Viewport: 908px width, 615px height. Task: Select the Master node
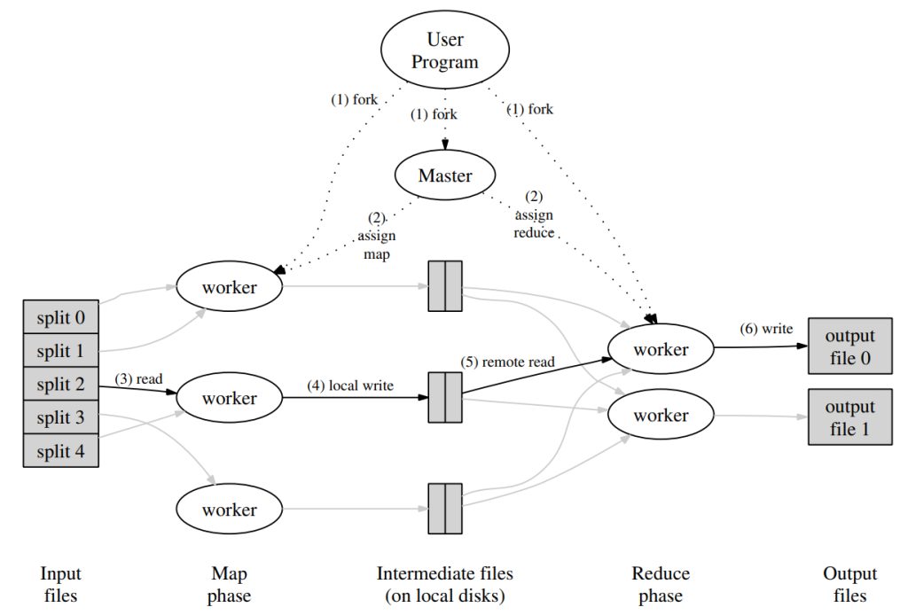(x=445, y=176)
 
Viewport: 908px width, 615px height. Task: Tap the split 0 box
(x=60, y=317)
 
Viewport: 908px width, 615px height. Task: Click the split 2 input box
(x=60, y=384)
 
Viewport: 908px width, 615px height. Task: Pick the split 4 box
(x=60, y=450)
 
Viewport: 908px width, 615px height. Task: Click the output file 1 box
(x=849, y=417)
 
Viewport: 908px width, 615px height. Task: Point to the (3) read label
(x=139, y=379)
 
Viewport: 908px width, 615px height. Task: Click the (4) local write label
(x=349, y=385)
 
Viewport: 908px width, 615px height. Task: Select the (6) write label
(x=766, y=329)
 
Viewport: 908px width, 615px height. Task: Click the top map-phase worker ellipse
(x=229, y=287)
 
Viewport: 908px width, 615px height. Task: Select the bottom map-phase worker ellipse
(x=229, y=510)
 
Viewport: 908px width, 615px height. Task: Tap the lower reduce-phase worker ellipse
(x=661, y=416)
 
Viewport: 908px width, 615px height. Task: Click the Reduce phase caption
(x=661, y=585)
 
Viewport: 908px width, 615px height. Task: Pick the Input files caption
(x=61, y=585)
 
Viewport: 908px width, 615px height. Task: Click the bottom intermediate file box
(x=444, y=509)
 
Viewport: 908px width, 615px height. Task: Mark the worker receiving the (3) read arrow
(x=229, y=398)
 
